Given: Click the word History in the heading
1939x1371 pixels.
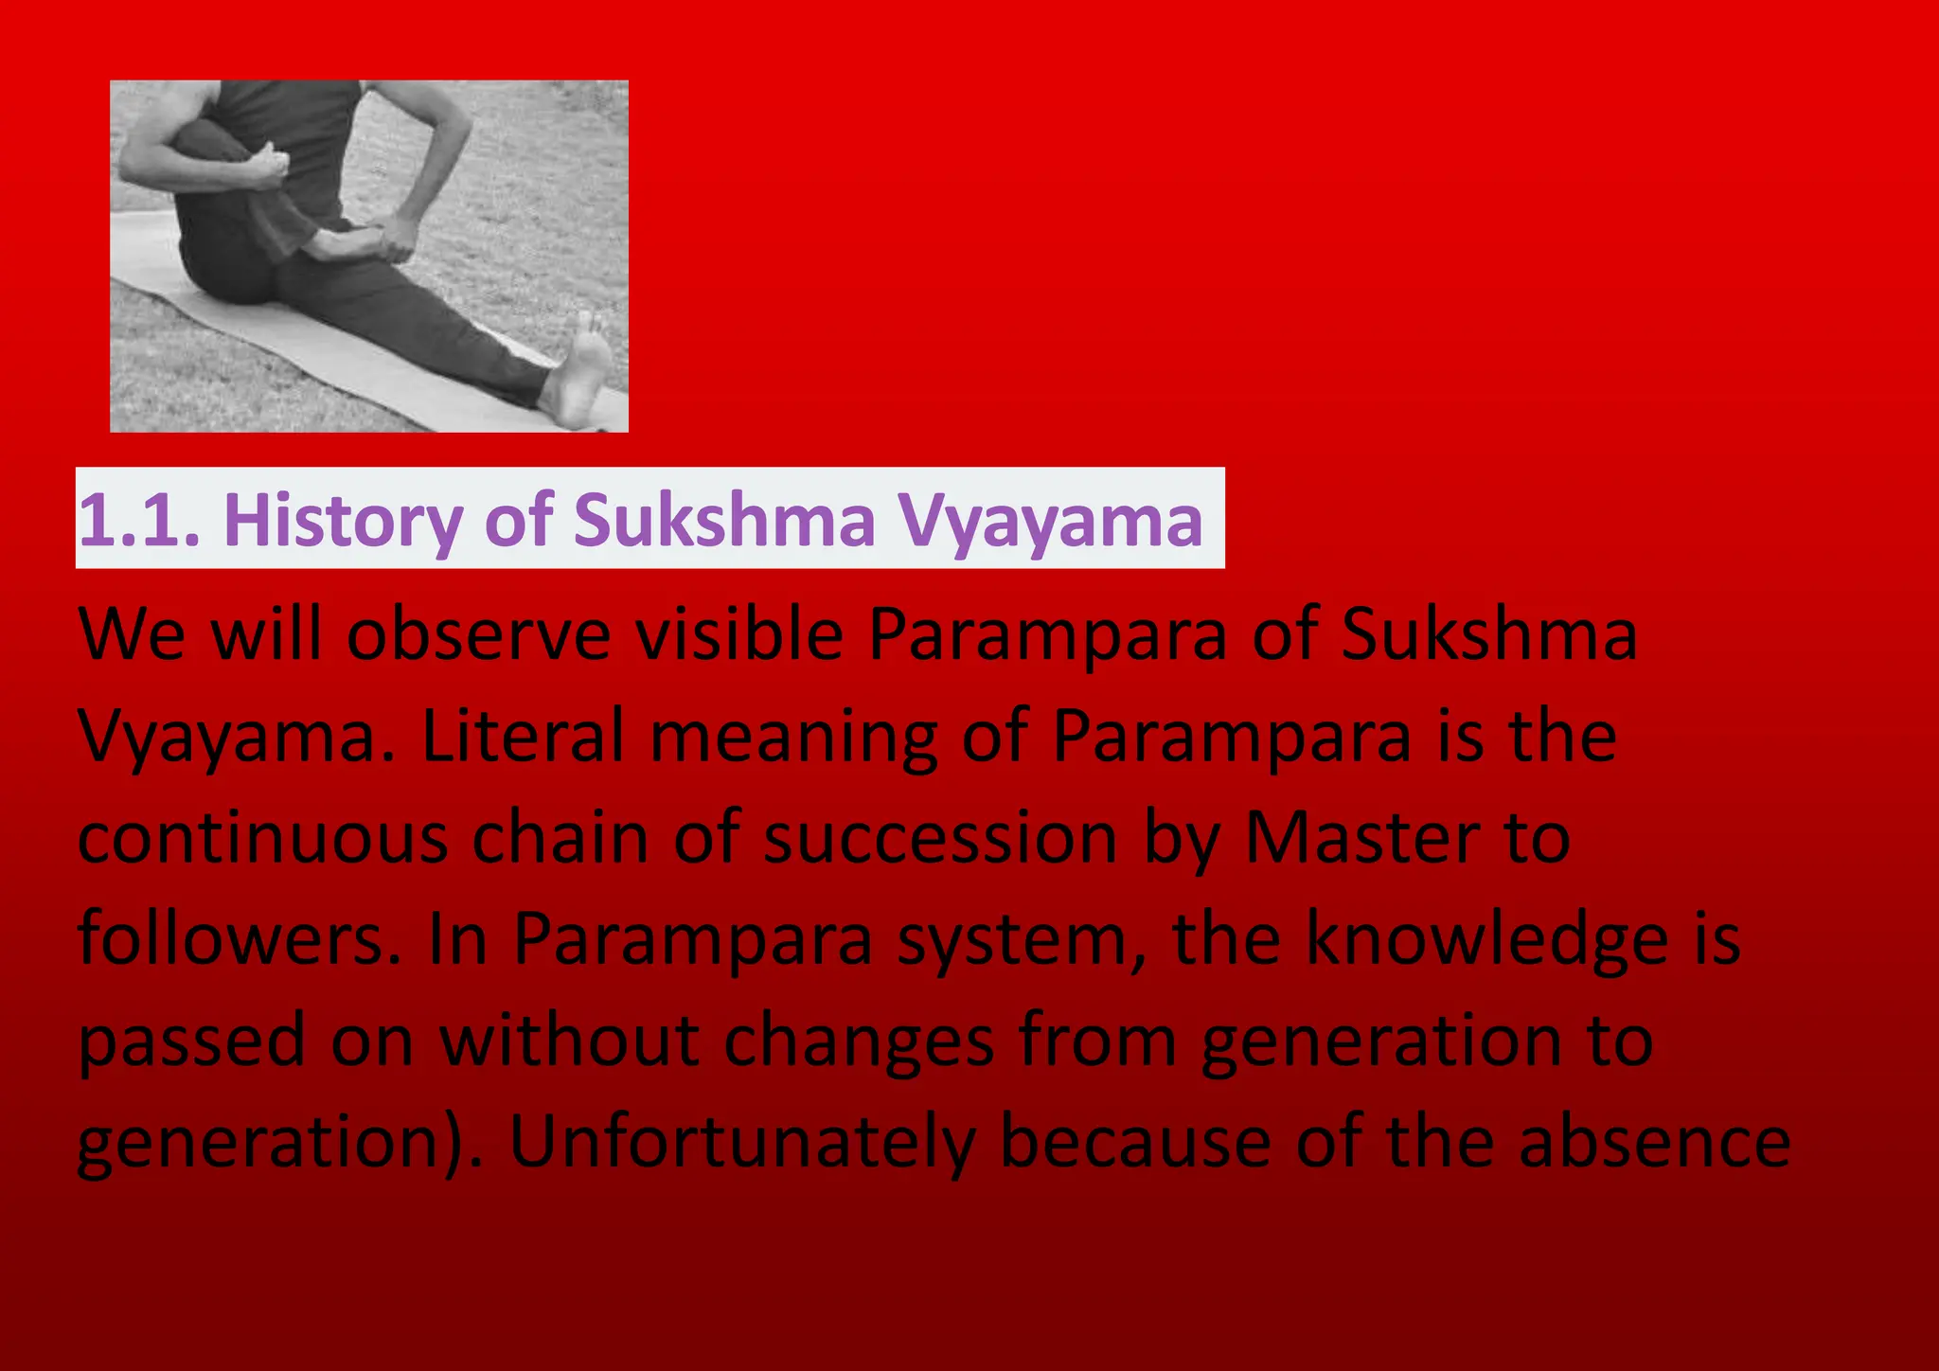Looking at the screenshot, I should [x=343, y=520].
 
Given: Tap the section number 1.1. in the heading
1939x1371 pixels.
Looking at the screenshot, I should [x=139, y=520].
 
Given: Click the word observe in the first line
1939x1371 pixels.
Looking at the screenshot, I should [x=478, y=634].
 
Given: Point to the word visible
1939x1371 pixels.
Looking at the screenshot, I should [x=738, y=634].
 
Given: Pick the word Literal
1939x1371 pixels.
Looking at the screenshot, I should [x=523, y=737].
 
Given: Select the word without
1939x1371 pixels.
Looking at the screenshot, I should [x=569, y=1041].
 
